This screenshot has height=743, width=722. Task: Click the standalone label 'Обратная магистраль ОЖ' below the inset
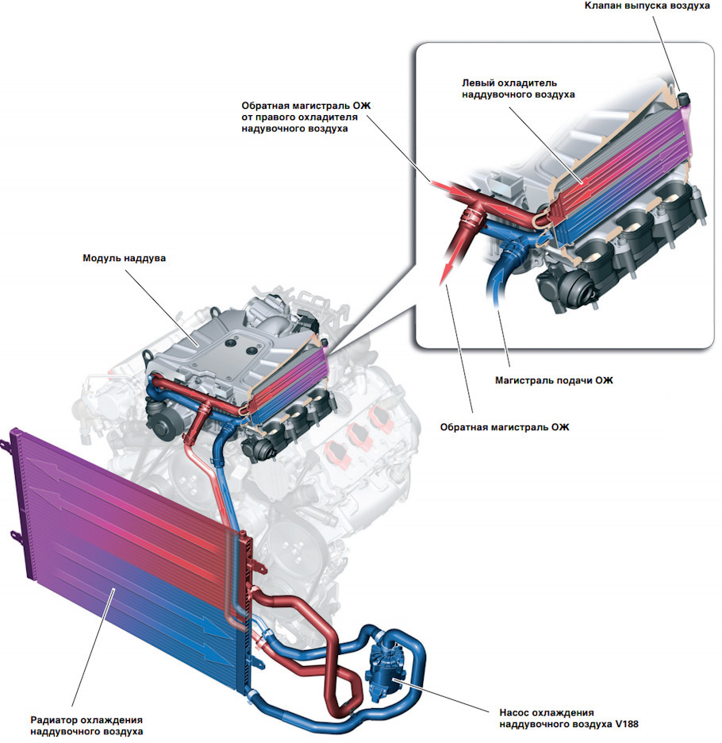(x=505, y=426)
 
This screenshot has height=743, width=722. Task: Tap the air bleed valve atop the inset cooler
(x=683, y=100)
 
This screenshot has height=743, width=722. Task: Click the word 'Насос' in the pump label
(x=517, y=712)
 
